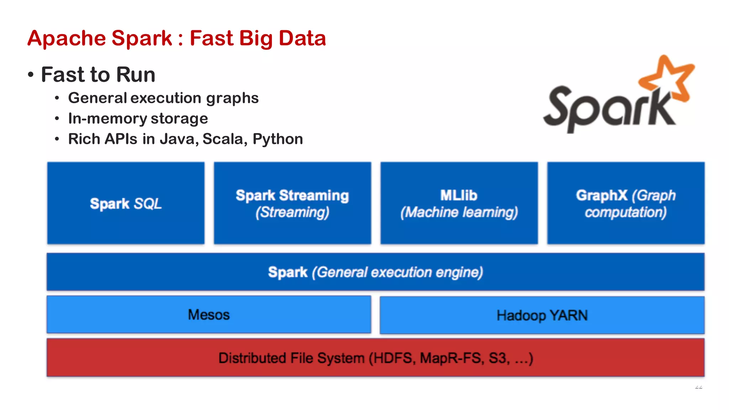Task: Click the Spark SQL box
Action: point(126,203)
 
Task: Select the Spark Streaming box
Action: point(292,203)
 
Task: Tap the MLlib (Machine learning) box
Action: point(459,203)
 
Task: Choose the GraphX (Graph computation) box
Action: point(625,203)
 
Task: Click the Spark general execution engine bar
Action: point(375,272)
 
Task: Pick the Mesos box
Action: point(209,315)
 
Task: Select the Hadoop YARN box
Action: point(542,315)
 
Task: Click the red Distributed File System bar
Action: point(375,358)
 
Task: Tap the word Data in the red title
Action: point(302,38)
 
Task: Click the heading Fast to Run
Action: point(98,75)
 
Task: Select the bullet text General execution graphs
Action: point(163,98)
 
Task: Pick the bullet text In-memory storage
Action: point(138,119)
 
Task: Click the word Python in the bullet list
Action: point(278,139)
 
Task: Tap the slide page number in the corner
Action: point(698,387)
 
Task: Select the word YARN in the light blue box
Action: point(568,315)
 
